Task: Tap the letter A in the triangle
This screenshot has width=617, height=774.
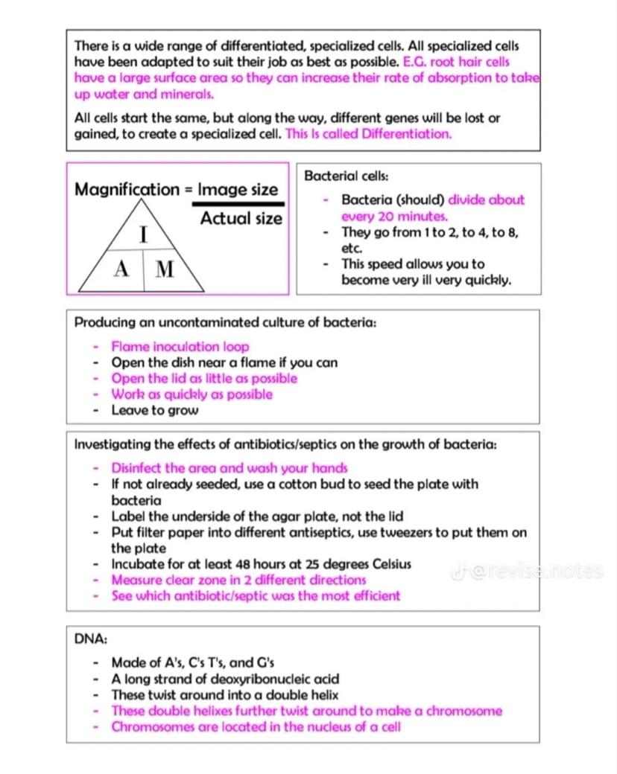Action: pos(121,269)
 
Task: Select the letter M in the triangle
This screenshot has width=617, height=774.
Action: pos(165,269)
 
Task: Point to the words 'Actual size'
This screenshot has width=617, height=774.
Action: pos(241,218)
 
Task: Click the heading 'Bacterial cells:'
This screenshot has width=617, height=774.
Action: pos(347,176)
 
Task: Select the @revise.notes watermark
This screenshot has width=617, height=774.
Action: pos(527,572)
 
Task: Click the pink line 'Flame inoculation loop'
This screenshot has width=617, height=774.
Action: pos(180,346)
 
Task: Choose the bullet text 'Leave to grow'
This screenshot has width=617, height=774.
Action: pos(155,410)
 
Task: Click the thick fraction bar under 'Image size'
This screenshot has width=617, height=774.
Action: pos(238,203)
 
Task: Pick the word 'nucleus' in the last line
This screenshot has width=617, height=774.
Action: pos(315,726)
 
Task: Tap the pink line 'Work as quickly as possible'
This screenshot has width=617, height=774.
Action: pos(192,394)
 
